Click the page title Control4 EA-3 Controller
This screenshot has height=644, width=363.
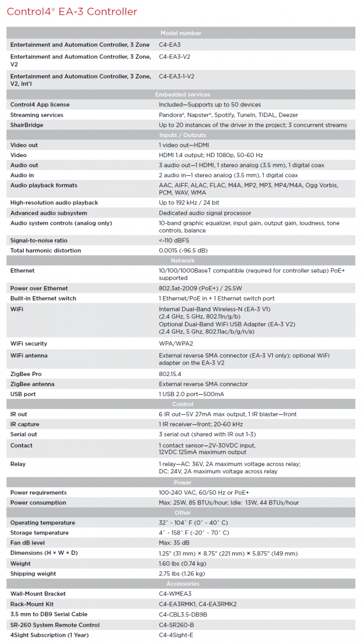(x=72, y=12)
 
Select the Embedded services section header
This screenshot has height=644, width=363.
(x=183, y=94)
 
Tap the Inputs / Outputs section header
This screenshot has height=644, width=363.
(x=183, y=135)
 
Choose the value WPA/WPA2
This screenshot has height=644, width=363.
(x=176, y=344)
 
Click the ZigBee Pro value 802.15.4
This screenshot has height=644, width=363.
(x=170, y=374)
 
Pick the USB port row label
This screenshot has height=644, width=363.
(x=23, y=394)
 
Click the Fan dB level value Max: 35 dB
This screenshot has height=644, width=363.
(x=174, y=543)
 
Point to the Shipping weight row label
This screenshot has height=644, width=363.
(x=33, y=574)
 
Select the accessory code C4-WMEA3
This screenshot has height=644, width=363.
(x=175, y=594)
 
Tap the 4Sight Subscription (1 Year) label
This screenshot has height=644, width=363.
(x=49, y=635)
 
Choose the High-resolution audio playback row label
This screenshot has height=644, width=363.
(x=54, y=203)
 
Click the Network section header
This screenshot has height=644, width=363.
(x=183, y=261)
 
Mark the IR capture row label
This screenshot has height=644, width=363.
(x=25, y=424)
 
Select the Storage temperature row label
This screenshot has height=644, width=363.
(x=39, y=533)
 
